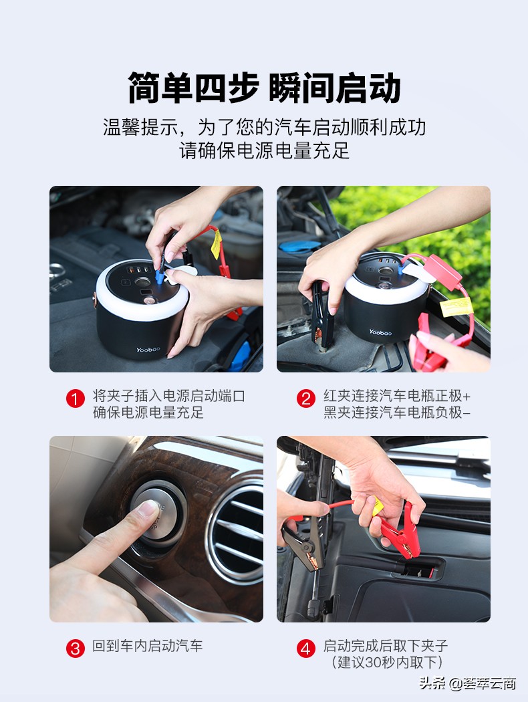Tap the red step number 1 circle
[x=75, y=398]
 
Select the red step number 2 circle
[x=306, y=398]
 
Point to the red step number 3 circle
[x=75, y=648]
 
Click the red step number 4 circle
[x=306, y=648]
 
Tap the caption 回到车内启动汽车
[x=148, y=646]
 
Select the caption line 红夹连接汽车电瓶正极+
[x=397, y=396]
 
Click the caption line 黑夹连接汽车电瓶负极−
[x=397, y=413]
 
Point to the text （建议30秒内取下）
[x=387, y=662]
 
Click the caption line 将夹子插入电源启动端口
[x=168, y=396]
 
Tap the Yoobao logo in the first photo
[x=148, y=350]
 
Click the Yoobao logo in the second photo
[x=380, y=332]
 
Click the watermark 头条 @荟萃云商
[x=468, y=683]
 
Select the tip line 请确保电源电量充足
[x=264, y=150]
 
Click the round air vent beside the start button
[x=237, y=528]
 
